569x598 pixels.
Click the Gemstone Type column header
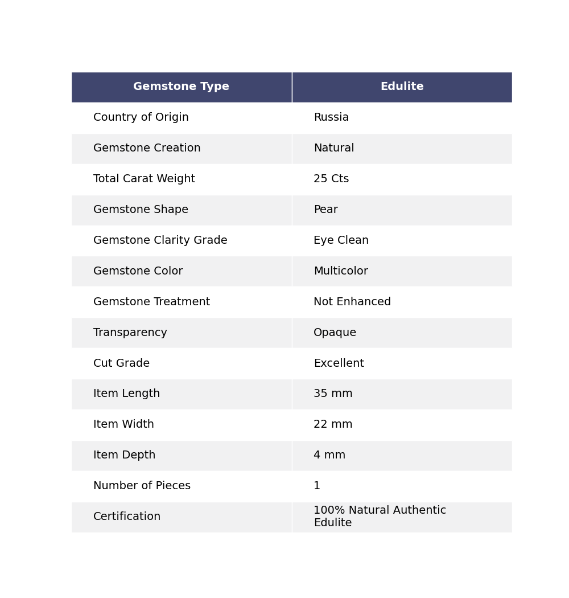(x=181, y=87)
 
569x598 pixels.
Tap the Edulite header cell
(x=402, y=87)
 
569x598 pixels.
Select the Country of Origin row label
(x=141, y=118)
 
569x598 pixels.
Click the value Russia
(x=331, y=118)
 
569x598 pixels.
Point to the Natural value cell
(x=334, y=149)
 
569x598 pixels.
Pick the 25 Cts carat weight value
(x=331, y=179)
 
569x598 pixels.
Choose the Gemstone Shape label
(x=141, y=210)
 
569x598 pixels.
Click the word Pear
(x=325, y=210)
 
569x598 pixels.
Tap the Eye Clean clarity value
(x=341, y=241)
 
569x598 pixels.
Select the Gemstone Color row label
(x=138, y=272)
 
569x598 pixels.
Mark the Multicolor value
(x=341, y=272)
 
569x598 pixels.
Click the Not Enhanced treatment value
(x=352, y=302)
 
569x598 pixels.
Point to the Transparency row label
(x=130, y=333)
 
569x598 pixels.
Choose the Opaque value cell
(x=335, y=333)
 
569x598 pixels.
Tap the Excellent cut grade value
(x=339, y=364)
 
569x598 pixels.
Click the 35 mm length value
(x=333, y=394)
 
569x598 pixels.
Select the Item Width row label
(x=123, y=425)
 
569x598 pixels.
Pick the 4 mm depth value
(x=329, y=456)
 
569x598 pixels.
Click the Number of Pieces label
(x=142, y=486)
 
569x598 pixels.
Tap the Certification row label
(x=127, y=517)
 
